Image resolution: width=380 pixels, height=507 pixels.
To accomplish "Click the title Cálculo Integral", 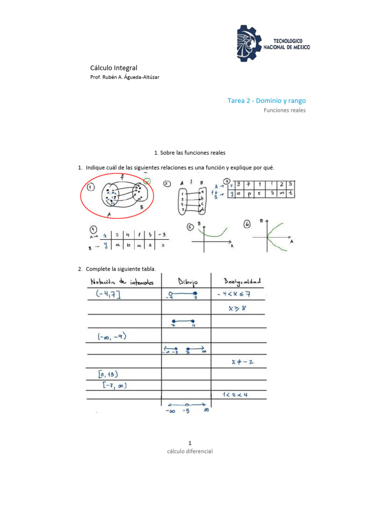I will [x=113, y=67].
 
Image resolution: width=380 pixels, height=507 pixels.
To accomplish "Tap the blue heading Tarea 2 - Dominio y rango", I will [x=266, y=101].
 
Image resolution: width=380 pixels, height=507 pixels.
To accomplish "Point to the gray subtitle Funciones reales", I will [x=284, y=110].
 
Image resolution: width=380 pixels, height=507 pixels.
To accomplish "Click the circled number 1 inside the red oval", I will [x=90, y=188].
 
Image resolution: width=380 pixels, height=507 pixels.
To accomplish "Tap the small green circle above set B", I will [x=147, y=181].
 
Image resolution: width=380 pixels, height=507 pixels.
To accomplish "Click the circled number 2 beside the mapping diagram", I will [x=167, y=184].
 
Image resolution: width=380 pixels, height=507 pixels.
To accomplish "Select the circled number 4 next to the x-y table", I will [x=93, y=229].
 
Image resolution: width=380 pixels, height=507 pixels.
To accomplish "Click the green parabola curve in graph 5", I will [x=212, y=233].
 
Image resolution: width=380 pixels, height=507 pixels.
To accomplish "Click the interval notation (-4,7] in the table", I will [x=106, y=295].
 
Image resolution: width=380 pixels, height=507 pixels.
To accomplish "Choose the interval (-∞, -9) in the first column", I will [x=109, y=337].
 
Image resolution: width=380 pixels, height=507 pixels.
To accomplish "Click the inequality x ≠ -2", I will [x=242, y=361].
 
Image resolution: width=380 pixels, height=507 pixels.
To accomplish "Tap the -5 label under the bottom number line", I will [x=186, y=410].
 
